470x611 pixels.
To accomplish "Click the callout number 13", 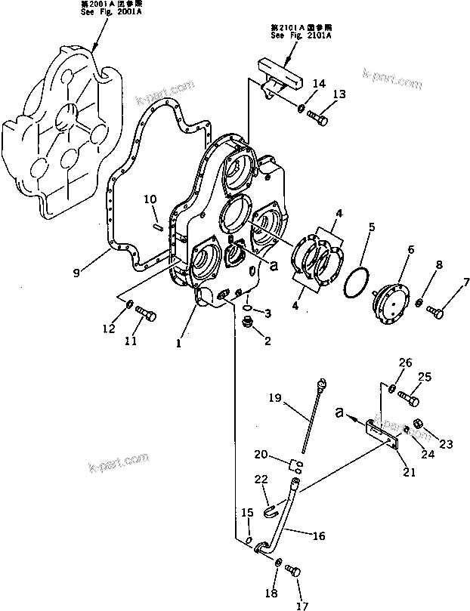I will tap(339, 94).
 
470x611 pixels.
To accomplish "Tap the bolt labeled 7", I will tap(434, 309).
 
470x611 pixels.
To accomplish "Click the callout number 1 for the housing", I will tap(178, 344).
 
